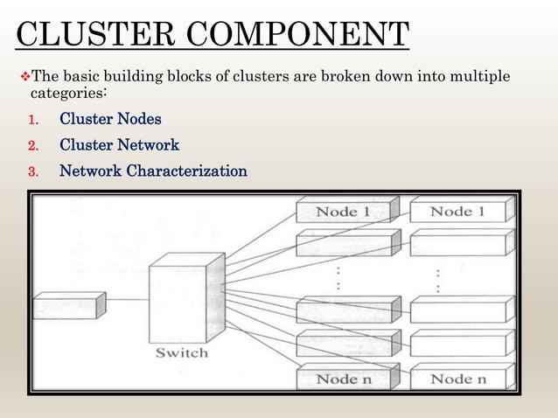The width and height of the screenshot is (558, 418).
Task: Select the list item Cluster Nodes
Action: click(110, 119)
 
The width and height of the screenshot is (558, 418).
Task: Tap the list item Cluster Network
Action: click(119, 145)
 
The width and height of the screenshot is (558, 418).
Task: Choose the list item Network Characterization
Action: click(153, 171)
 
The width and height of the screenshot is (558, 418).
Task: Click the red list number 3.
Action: click(32, 172)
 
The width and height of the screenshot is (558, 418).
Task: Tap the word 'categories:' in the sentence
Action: click(69, 93)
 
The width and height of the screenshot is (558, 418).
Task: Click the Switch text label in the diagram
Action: click(181, 352)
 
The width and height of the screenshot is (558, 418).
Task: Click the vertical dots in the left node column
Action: click(338, 279)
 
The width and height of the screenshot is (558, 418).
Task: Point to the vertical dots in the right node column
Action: click(437, 279)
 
